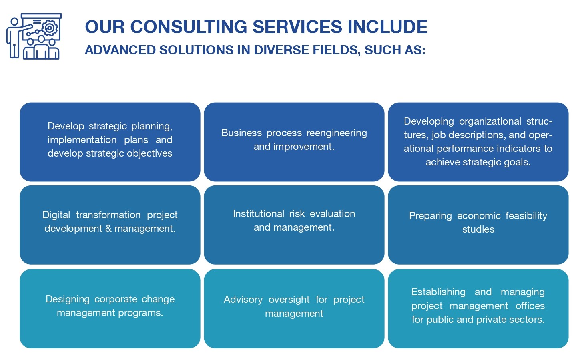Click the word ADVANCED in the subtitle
pyautogui.click(x=120, y=50)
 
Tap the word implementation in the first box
pyautogui.click(x=82, y=140)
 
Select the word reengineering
pyautogui.click(x=337, y=133)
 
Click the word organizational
pyautogui.click(x=490, y=121)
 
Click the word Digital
pyautogui.click(x=56, y=215)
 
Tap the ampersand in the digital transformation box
pyautogui.click(x=108, y=229)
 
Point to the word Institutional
pyautogui.click(x=259, y=214)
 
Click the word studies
pyautogui.click(x=478, y=229)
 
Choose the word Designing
pyautogui.click(x=68, y=299)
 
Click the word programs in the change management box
pyautogui.click(x=140, y=313)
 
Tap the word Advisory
pyautogui.click(x=243, y=300)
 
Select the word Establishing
pyautogui.click(x=439, y=292)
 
